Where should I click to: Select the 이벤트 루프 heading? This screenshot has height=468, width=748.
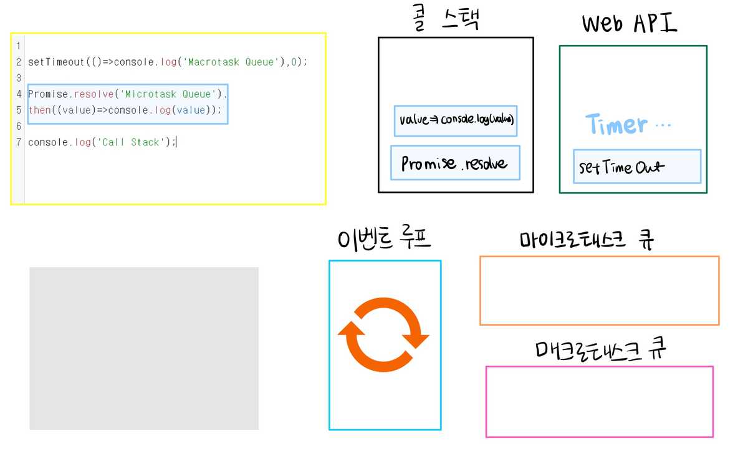[384, 240]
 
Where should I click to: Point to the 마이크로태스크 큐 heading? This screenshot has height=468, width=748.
[587, 240]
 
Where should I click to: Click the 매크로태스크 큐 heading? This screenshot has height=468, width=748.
[600, 350]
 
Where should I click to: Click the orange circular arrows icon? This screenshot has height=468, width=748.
[383, 334]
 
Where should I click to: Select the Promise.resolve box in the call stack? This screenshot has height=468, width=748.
[455, 163]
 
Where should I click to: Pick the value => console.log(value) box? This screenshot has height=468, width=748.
[456, 120]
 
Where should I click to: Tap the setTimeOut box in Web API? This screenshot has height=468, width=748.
[636, 167]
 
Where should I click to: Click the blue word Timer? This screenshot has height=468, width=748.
[615, 125]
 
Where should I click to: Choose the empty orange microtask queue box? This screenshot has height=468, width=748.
[599, 290]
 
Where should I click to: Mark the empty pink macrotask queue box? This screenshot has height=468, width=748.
[599, 401]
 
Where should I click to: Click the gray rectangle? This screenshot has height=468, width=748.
[144, 348]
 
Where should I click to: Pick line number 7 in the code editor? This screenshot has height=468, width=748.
[19, 142]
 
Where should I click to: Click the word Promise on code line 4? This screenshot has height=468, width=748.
[49, 94]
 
